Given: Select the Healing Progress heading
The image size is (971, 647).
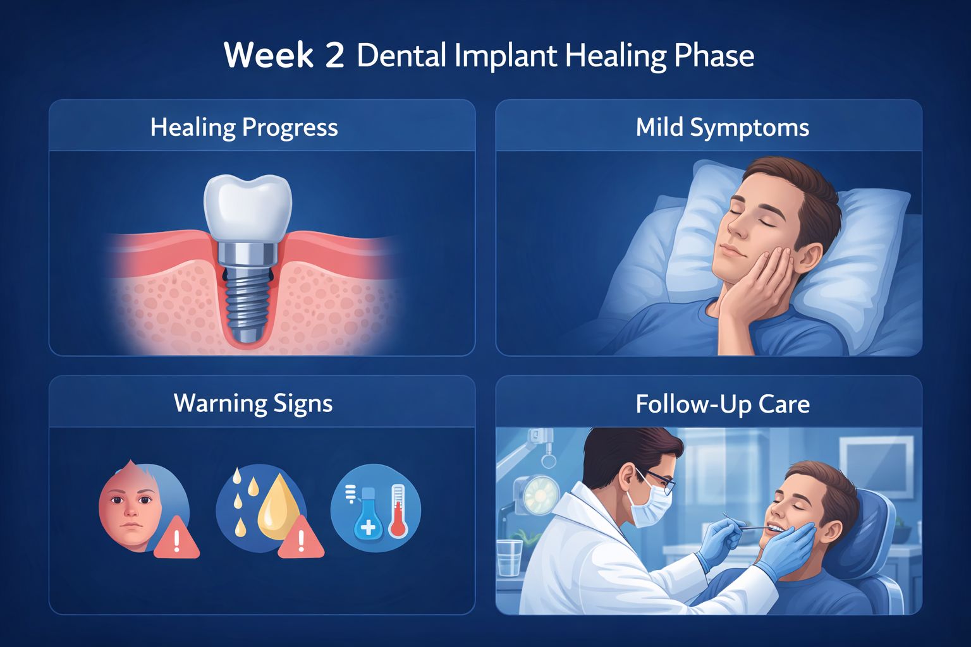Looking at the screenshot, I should pyautogui.click(x=244, y=128).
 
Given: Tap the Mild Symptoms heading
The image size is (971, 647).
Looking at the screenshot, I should pyautogui.click(x=722, y=128).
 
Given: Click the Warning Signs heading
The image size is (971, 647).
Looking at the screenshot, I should pyautogui.click(x=253, y=403).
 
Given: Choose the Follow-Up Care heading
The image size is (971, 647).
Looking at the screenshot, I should pyautogui.click(x=722, y=404).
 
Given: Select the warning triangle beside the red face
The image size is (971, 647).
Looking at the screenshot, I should pyautogui.click(x=176, y=539).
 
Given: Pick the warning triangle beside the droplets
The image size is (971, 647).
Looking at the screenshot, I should pyautogui.click(x=301, y=539).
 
